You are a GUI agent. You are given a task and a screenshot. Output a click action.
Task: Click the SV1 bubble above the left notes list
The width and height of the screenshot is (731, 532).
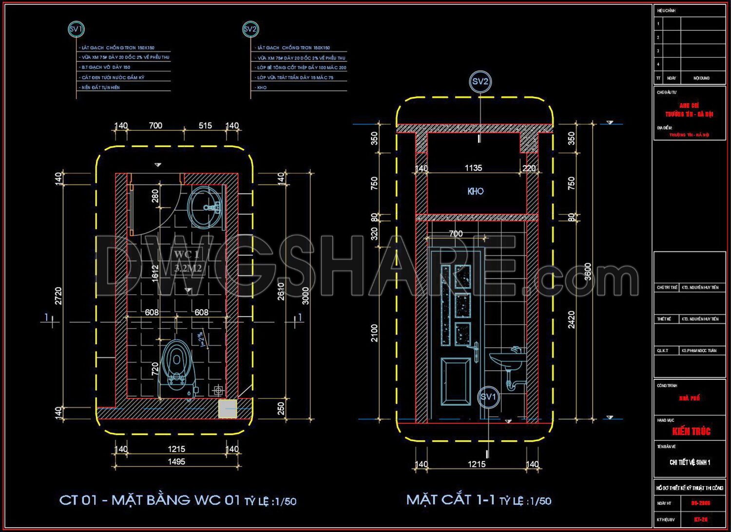click(x=76, y=29)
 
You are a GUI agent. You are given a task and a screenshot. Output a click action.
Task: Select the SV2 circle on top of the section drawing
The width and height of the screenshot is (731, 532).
click(x=480, y=82)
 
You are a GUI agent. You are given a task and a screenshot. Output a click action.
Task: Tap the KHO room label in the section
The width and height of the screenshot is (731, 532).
click(x=475, y=191)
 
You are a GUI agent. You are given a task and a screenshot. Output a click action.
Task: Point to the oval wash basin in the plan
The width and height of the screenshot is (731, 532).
click(x=204, y=207)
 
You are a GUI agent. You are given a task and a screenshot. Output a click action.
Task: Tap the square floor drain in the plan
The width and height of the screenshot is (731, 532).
click(x=218, y=391)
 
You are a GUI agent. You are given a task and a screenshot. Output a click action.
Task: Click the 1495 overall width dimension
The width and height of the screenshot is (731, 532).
click(x=176, y=461)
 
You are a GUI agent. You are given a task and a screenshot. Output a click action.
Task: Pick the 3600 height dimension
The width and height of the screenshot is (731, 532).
click(x=588, y=271)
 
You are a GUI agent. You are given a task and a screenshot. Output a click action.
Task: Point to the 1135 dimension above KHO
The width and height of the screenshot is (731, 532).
click(x=473, y=168)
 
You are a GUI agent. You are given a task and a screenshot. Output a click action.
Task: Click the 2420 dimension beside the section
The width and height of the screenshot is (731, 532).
click(x=571, y=319)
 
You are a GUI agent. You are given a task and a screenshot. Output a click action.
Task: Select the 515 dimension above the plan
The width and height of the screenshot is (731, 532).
click(x=205, y=126)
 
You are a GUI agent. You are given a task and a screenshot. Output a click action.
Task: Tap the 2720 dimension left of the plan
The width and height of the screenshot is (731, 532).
click(x=58, y=296)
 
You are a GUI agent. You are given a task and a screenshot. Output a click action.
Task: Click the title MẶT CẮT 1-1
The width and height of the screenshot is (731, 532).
click(x=450, y=500)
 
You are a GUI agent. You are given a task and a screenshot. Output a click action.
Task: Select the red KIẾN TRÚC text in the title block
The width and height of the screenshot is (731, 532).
click(x=691, y=431)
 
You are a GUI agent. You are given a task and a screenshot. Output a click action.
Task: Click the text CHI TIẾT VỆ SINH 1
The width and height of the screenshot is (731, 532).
click(x=690, y=462)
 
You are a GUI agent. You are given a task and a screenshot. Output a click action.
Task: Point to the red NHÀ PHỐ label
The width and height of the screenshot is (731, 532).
click(x=689, y=398)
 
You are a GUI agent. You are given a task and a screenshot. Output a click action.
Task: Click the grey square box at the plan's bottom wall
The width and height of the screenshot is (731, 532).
click(x=227, y=409)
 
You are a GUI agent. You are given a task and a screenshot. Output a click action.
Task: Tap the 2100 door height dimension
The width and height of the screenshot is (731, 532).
click(x=374, y=333)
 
